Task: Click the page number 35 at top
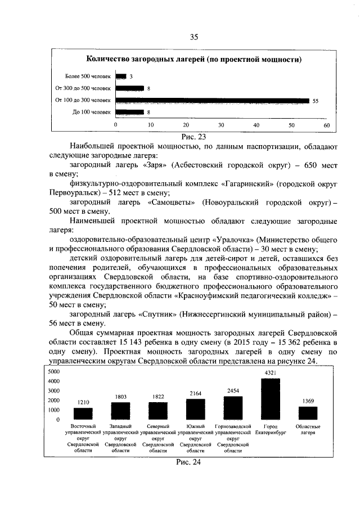pos(194,37)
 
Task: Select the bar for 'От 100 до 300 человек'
pos(212,101)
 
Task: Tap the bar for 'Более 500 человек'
pos(121,76)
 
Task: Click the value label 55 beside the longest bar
pos(316,101)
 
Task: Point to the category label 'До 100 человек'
pos(92,112)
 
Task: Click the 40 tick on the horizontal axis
pos(256,125)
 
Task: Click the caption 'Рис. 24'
pos(188,462)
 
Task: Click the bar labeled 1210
pos(83,413)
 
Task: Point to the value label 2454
pos(233,390)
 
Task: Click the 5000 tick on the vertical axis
pos(53,372)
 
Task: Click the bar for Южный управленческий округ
pos(195,409)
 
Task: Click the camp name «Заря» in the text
pos(155,165)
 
